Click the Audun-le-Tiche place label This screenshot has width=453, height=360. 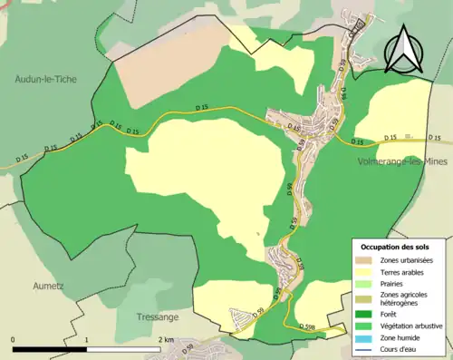pos(46,79)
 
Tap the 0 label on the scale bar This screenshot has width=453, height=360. pos(14,340)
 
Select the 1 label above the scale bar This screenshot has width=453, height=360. pos(87,340)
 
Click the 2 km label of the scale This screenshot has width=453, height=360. pos(165,340)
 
